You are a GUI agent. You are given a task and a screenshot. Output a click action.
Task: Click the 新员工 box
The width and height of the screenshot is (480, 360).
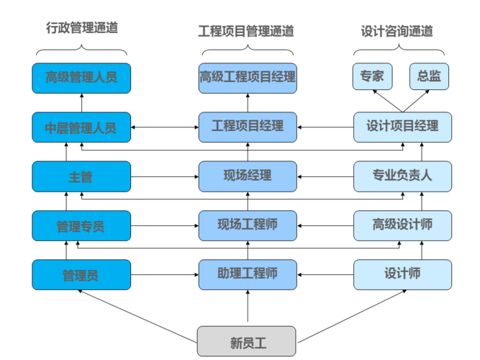[x=248, y=342]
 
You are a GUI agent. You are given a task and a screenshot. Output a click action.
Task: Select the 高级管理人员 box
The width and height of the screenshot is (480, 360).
[x=81, y=78]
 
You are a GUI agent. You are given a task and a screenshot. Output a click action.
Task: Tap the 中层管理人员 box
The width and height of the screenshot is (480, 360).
[x=81, y=127]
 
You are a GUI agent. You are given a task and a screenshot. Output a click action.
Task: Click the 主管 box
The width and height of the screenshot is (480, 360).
[x=81, y=176]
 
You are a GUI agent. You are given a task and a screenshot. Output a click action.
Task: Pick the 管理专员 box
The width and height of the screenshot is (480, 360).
[x=81, y=226]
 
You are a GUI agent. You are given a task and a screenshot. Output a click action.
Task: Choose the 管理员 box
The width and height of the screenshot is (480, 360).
[x=81, y=274]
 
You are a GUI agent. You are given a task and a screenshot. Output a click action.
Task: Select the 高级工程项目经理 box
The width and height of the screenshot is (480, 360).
[x=248, y=78]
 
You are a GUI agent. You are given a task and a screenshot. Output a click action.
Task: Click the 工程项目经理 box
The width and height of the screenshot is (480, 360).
[x=248, y=127]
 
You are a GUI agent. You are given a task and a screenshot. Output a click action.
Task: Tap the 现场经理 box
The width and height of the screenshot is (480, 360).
[x=248, y=176]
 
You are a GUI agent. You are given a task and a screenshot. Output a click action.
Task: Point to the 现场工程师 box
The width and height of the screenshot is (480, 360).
[x=248, y=225]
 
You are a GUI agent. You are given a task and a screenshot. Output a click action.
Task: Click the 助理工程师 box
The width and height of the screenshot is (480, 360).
[x=248, y=274]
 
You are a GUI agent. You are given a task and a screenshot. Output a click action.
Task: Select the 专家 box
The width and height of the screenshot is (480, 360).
[x=371, y=76]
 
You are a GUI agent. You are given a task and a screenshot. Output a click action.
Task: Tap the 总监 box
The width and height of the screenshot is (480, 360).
[x=429, y=76]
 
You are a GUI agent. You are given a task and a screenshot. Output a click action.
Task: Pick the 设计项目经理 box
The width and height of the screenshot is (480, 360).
[x=402, y=127]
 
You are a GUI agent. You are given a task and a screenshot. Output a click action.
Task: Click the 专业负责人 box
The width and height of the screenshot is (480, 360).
[x=402, y=176]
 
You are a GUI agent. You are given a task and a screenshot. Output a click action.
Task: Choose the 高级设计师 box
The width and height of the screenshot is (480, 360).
[x=402, y=225]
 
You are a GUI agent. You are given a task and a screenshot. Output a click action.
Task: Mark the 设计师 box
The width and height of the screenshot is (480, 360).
[x=402, y=274]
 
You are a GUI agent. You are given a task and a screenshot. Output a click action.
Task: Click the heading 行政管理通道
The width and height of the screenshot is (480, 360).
[x=81, y=29]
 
